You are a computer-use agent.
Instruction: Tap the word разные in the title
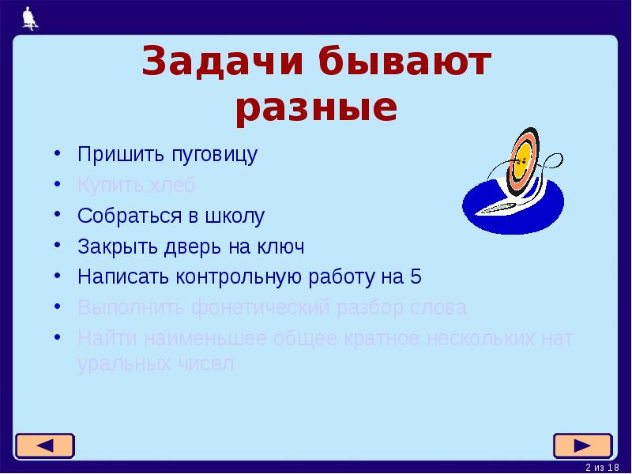(315, 109)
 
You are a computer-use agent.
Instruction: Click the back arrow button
(44, 446)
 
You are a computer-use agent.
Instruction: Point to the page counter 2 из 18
(603, 468)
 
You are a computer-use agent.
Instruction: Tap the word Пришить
(111, 154)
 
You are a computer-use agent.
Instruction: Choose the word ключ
(279, 246)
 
